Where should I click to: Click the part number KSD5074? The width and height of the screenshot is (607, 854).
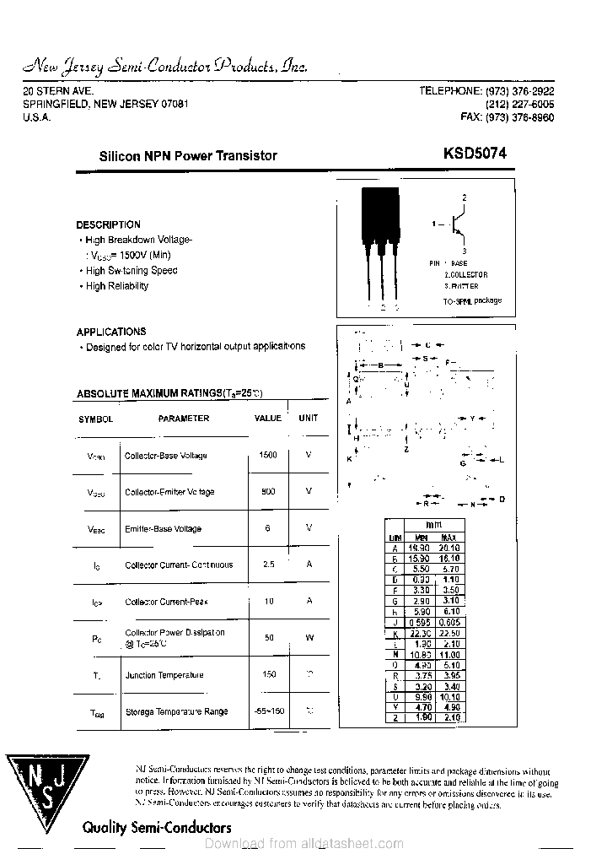coord(475,154)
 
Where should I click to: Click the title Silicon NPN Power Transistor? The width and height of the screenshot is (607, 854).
coord(188,155)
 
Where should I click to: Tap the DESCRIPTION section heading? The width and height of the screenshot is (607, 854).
coord(108,224)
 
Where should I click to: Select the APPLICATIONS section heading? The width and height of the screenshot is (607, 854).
coord(110,332)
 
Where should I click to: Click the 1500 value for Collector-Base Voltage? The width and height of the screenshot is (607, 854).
coord(268,455)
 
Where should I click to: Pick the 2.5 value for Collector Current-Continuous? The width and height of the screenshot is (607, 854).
coord(268,565)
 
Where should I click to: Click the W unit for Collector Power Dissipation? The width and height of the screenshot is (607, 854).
coord(309,637)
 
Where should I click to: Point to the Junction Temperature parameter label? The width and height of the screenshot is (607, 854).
coord(164,675)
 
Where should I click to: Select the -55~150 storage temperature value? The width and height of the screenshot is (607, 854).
coord(269,711)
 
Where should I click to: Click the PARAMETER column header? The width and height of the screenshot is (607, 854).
coord(183,418)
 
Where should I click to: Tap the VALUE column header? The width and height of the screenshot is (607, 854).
coord(268,418)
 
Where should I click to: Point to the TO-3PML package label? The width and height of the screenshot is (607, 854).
coord(472,300)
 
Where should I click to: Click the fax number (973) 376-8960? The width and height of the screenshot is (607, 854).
coord(508,117)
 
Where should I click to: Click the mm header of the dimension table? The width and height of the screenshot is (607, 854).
coord(433,524)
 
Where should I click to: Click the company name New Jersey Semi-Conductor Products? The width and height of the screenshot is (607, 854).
coord(164,67)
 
